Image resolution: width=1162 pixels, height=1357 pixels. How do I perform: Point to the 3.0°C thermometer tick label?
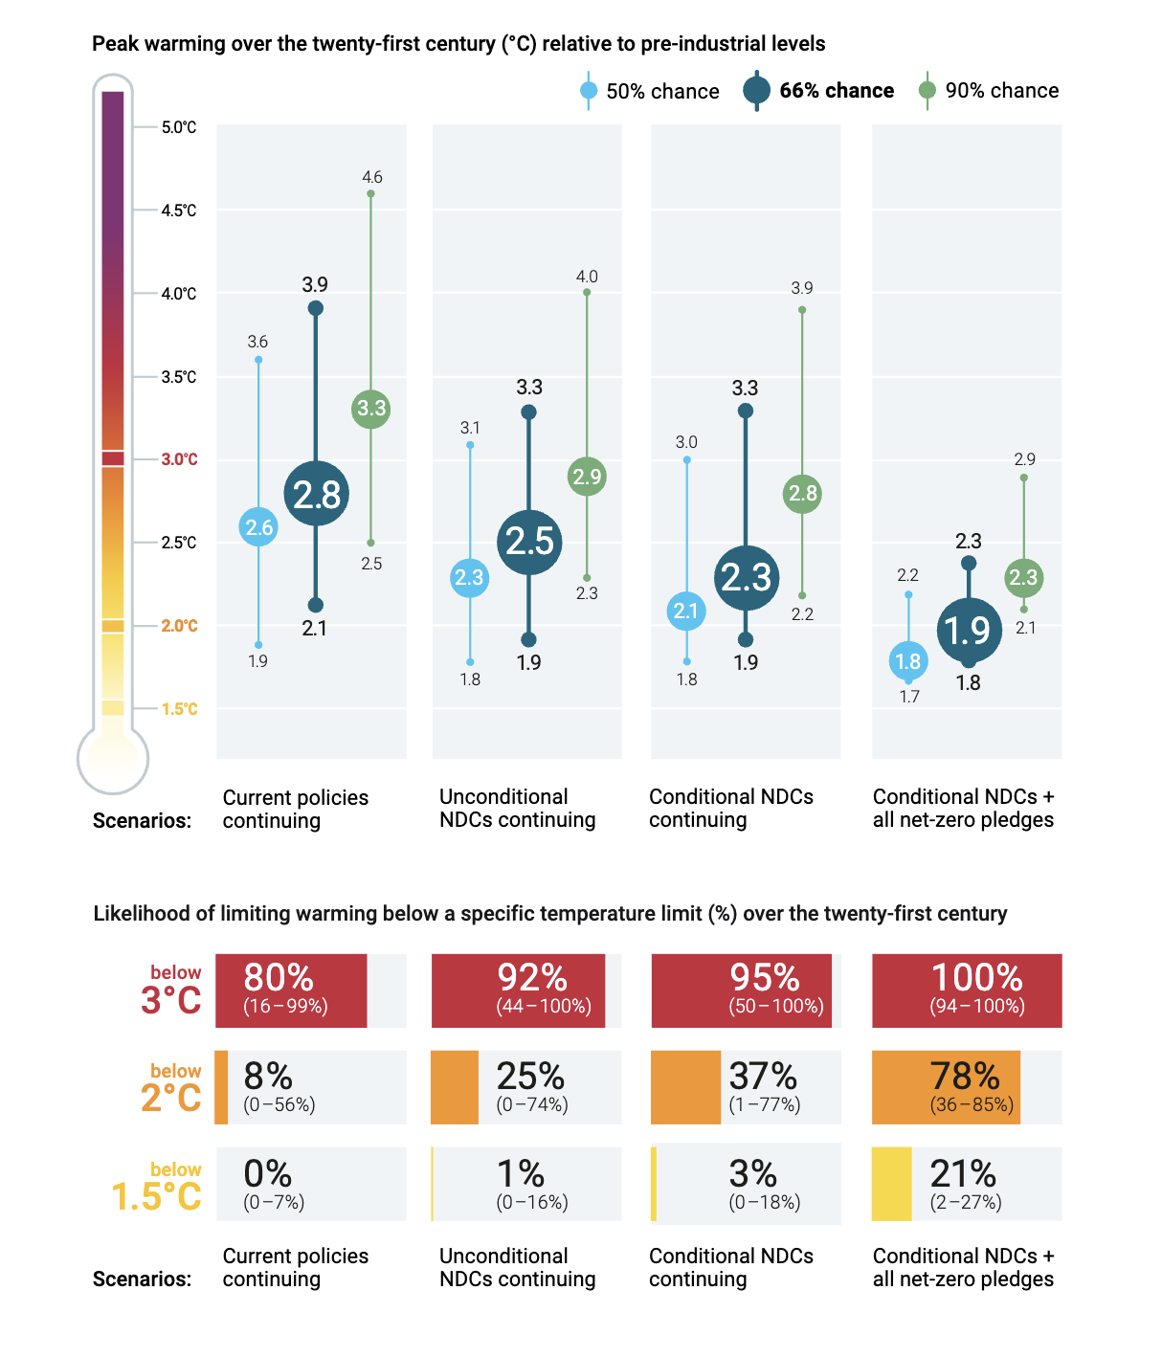tap(179, 459)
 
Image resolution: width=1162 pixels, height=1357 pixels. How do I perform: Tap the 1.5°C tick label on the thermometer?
tap(179, 709)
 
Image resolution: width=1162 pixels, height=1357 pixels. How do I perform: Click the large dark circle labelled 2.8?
tap(316, 494)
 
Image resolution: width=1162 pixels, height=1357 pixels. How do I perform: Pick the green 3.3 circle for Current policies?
tap(370, 409)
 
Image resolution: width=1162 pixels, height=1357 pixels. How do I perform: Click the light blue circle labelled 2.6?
tap(258, 527)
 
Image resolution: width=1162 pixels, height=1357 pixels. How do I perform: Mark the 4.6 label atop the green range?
tap(371, 177)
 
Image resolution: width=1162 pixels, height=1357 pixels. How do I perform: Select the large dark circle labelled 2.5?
tap(529, 542)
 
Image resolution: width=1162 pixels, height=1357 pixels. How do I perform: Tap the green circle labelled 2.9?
tap(587, 477)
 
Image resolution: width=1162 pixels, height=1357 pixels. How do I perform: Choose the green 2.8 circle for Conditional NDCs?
tap(802, 494)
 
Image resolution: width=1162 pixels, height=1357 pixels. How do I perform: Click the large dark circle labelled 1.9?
tap(968, 631)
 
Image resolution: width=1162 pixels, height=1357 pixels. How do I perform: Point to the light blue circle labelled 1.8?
tap(907, 661)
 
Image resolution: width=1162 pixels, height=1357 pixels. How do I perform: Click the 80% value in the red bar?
tap(279, 978)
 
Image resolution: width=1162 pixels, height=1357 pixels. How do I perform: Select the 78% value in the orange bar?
tap(965, 1077)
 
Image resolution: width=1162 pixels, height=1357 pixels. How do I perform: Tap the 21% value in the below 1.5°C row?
tap(963, 1174)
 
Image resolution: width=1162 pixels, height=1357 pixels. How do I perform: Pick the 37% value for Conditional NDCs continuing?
tap(763, 1077)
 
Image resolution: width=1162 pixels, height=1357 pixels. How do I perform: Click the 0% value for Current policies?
tap(268, 1174)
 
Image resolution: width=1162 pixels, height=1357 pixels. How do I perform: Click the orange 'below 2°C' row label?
tap(172, 1088)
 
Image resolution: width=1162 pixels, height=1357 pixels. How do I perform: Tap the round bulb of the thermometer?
tap(113, 759)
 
